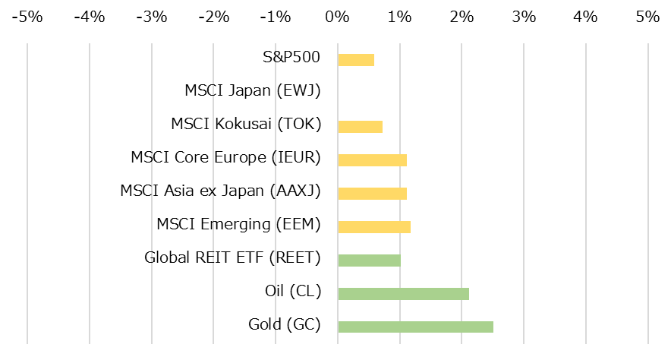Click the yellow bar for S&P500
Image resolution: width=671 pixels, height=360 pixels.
click(356, 60)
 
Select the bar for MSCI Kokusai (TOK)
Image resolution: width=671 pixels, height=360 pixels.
click(360, 127)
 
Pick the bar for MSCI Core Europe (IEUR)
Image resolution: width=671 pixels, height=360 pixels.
click(372, 159)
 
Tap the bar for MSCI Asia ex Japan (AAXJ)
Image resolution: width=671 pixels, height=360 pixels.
click(372, 193)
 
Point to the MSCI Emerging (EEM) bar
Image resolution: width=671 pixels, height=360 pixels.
click(374, 226)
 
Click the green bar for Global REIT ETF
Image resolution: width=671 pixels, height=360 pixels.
click(369, 260)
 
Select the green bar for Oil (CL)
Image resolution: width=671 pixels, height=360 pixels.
click(403, 293)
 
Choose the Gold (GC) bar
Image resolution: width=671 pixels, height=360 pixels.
click(415, 327)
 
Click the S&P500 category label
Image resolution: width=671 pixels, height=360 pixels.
click(291, 57)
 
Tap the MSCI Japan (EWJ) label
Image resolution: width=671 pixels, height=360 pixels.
click(253, 90)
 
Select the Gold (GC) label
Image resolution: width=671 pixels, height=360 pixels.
click(285, 324)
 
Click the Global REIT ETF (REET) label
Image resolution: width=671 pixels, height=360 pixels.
click(232, 257)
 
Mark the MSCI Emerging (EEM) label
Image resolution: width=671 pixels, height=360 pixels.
click(238, 224)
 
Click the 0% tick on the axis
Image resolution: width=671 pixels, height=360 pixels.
click(337, 15)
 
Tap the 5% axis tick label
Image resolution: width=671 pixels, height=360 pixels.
click(647, 15)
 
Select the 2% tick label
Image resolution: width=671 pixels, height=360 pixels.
click(462, 15)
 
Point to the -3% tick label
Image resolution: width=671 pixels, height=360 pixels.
click(150, 15)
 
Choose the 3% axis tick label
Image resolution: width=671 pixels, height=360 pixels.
click(524, 15)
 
